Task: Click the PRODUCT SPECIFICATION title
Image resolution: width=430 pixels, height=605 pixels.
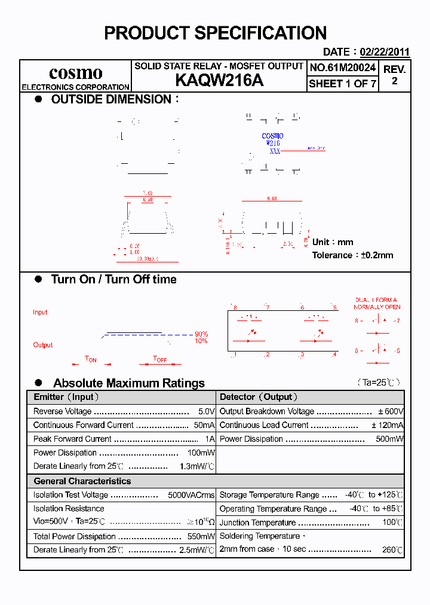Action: click(215, 33)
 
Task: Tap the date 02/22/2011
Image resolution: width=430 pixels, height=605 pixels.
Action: click(384, 52)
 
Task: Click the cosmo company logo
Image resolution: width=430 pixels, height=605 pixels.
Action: click(75, 73)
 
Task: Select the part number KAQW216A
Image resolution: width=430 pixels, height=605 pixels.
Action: click(219, 81)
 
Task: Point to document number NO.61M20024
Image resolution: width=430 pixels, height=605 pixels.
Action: click(342, 68)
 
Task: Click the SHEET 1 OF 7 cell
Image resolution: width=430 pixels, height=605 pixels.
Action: click(342, 84)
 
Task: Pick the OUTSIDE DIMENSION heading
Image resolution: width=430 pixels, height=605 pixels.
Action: click(111, 99)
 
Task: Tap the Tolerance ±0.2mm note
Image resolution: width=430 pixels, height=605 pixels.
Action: click(352, 255)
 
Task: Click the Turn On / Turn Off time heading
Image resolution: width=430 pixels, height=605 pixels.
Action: click(113, 279)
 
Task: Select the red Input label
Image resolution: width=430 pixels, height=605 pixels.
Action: click(40, 312)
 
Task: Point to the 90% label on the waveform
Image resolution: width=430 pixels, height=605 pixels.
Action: click(201, 334)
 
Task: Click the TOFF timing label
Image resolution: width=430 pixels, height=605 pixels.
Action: click(159, 359)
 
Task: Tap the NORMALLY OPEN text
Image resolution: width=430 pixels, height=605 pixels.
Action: click(377, 307)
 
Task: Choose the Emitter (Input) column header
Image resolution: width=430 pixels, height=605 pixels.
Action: click(66, 397)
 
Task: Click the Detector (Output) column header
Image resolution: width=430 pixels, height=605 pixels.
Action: click(259, 397)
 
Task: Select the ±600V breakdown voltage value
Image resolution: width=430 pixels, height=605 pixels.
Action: click(391, 411)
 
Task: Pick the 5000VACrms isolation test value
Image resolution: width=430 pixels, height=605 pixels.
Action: click(191, 495)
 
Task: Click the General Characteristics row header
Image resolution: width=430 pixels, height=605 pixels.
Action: click(82, 481)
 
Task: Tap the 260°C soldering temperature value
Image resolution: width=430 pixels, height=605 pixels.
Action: click(392, 550)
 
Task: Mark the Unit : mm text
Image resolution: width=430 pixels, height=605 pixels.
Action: click(333, 242)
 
